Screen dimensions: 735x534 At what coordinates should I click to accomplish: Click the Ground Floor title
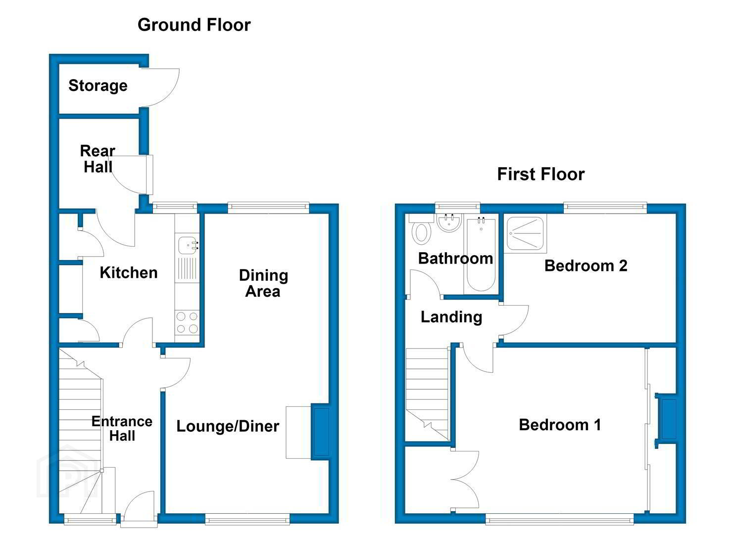coord(194,25)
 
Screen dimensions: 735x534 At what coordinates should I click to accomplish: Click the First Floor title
coord(541,174)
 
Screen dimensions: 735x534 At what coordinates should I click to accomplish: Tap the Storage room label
coord(98,86)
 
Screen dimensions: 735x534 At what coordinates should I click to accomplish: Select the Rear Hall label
coord(98,159)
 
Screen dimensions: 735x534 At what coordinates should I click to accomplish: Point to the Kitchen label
coord(129,273)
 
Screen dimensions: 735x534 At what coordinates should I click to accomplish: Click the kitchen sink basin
coord(188,246)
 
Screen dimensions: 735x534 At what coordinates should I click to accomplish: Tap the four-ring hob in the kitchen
coord(187,322)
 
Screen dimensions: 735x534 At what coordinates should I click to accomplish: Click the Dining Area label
coord(263,283)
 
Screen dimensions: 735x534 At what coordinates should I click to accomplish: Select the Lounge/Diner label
coord(228,427)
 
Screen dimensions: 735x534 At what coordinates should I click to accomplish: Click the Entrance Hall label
coord(122,429)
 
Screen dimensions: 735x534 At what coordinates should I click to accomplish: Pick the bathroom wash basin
coord(449,222)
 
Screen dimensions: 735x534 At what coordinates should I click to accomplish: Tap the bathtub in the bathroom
coord(481,254)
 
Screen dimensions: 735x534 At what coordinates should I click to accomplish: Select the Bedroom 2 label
coord(586,266)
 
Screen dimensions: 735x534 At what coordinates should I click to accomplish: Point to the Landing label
coord(451,317)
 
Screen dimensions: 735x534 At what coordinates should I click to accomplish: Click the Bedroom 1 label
coord(560,425)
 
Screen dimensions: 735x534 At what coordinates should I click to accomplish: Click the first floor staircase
coord(427,394)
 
